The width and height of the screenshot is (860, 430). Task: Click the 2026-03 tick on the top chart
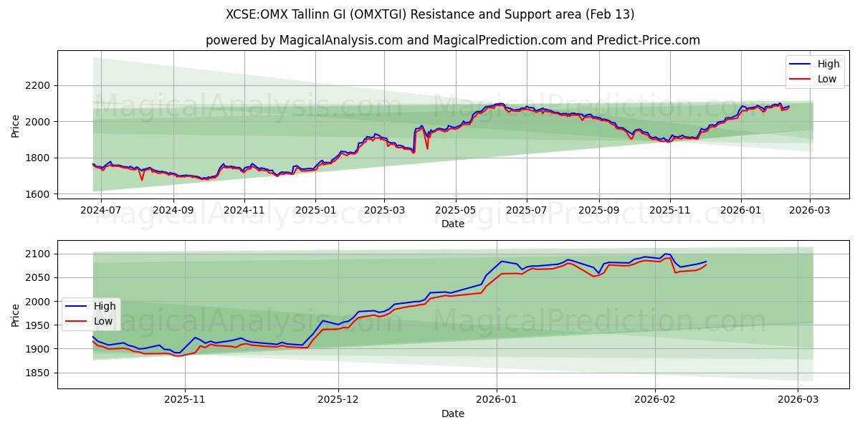(810, 211)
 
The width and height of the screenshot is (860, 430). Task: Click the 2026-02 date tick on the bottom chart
(656, 400)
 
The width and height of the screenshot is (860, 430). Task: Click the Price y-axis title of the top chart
(16, 125)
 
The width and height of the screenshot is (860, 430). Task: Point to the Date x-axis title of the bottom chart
(452, 414)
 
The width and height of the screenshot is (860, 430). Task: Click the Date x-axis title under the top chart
(452, 224)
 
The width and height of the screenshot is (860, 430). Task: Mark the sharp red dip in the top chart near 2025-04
(427, 148)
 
